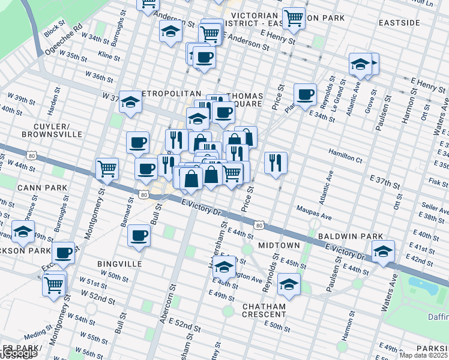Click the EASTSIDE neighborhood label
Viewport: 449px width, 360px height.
[x=399, y=23]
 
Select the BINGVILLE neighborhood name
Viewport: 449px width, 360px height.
[x=119, y=263]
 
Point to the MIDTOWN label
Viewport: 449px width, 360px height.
[x=279, y=246]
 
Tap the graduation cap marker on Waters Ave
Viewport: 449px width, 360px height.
[x=382, y=252]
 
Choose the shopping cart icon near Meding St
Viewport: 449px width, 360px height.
[x=55, y=284]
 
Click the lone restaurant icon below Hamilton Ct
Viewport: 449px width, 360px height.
[x=276, y=162]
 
